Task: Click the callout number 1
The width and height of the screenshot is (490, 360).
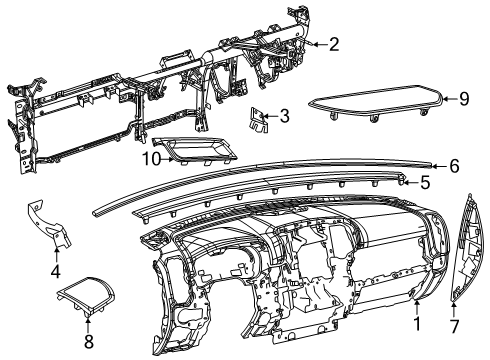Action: (417, 325)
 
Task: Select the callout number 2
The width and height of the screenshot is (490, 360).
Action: (334, 43)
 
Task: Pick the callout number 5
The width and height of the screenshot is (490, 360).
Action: (425, 183)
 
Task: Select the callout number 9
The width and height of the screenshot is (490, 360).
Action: (463, 98)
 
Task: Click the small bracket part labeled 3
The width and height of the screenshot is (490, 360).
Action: (259, 119)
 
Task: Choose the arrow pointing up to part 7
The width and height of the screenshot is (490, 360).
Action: (455, 309)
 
